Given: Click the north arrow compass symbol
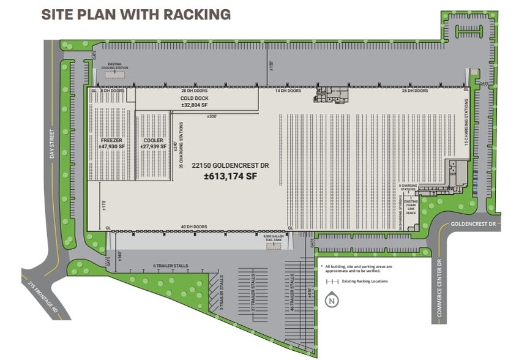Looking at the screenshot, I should click(332, 300).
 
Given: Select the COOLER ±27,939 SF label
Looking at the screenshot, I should click(153, 143).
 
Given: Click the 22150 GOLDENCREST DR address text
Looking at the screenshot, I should click(226, 165).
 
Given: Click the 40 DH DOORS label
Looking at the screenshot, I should click(194, 227).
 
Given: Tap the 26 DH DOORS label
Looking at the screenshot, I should click(414, 91).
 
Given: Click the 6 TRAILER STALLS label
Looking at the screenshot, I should click(170, 266).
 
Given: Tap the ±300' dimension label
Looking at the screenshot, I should click(212, 116).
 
